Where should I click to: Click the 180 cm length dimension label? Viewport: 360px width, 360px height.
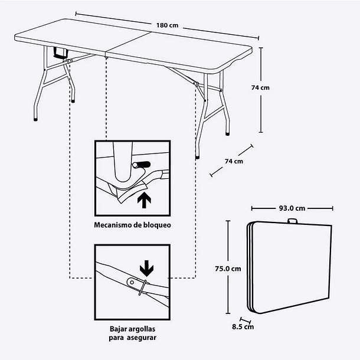click(x=168, y=26)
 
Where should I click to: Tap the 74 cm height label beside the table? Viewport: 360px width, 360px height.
click(x=260, y=87)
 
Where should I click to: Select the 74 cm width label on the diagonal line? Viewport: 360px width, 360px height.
click(x=234, y=161)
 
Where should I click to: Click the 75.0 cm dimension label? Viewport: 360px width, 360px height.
click(x=228, y=269)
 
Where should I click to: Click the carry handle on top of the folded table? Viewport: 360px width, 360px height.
click(x=292, y=222)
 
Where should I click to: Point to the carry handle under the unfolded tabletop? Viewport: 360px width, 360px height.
click(x=60, y=54)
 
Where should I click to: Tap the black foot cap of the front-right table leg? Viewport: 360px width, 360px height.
click(x=197, y=158)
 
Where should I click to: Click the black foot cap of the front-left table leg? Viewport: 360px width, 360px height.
click(x=35, y=119)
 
